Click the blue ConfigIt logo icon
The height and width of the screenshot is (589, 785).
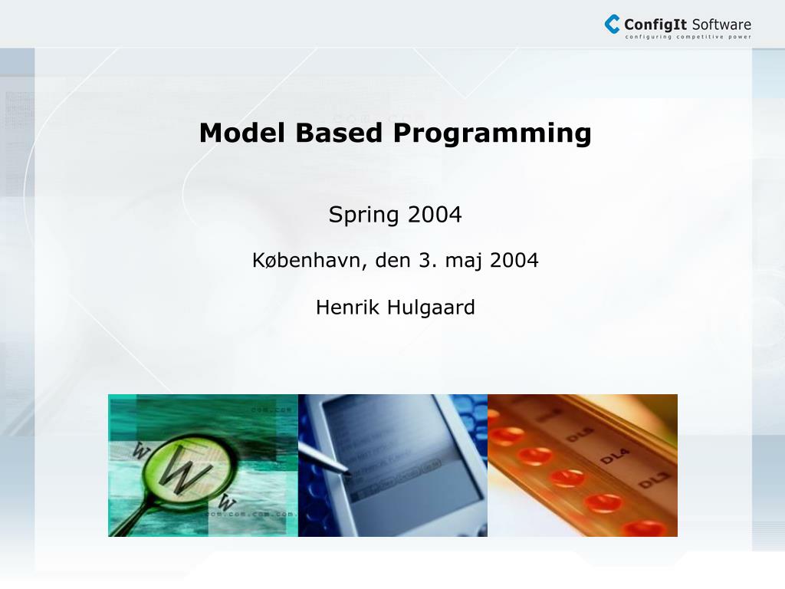tap(612, 24)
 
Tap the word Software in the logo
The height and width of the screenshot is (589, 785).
tap(721, 24)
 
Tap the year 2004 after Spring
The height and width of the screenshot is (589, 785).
tap(435, 215)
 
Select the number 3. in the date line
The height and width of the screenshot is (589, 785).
tap(426, 261)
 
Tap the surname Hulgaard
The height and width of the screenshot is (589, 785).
tap(431, 308)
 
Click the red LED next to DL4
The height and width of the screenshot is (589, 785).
tap(567, 477)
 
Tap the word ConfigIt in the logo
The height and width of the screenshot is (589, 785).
tap(655, 24)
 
